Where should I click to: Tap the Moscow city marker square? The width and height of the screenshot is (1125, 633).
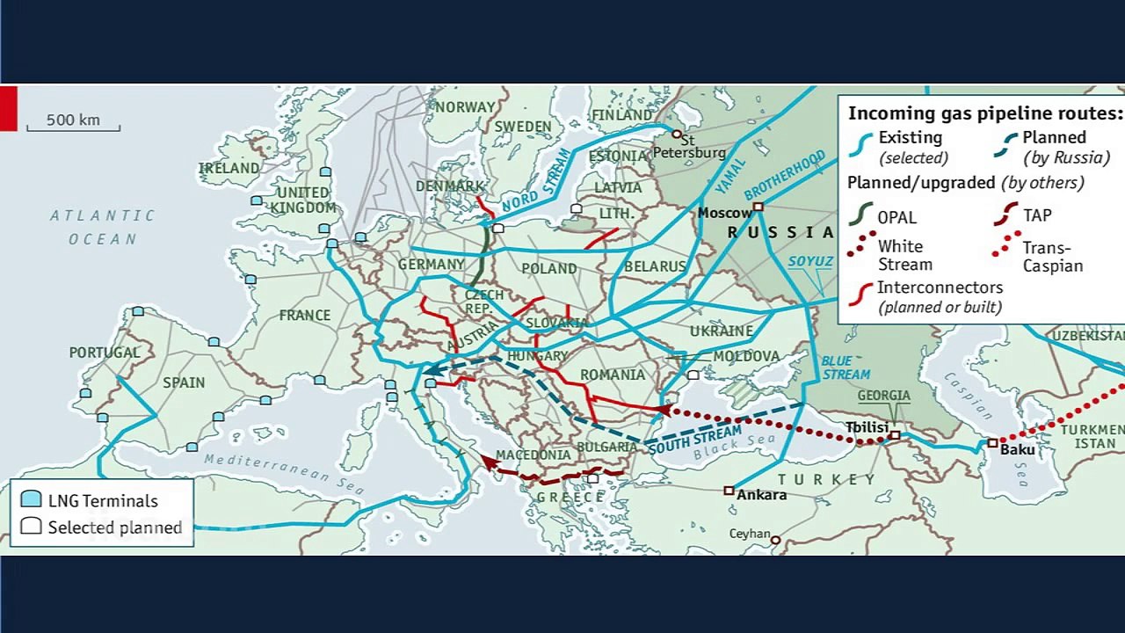tap(758, 207)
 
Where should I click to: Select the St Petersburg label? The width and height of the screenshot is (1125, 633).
tap(690, 147)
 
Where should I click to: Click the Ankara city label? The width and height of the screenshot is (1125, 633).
tap(761, 495)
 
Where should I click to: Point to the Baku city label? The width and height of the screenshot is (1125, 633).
tap(1018, 449)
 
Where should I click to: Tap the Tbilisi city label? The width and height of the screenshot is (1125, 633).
tap(867, 428)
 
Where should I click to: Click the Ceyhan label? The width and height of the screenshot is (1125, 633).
tap(749, 534)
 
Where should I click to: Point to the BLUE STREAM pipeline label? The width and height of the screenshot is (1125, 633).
tap(846, 367)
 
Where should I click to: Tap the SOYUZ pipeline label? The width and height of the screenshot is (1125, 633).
tap(810, 262)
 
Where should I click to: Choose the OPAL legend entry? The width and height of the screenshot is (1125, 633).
tap(896, 217)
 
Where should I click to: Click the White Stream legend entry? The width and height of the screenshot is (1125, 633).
tap(904, 255)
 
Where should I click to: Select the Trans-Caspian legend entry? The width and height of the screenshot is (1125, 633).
tap(1052, 257)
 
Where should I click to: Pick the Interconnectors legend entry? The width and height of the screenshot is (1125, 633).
tap(939, 296)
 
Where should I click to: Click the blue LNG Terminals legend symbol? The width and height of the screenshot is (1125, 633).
tap(32, 499)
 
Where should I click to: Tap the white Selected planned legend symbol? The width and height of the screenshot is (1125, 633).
tap(32, 527)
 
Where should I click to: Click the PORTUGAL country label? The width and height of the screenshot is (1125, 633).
tap(105, 353)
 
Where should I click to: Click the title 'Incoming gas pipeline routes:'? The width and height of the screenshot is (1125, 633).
tap(984, 113)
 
